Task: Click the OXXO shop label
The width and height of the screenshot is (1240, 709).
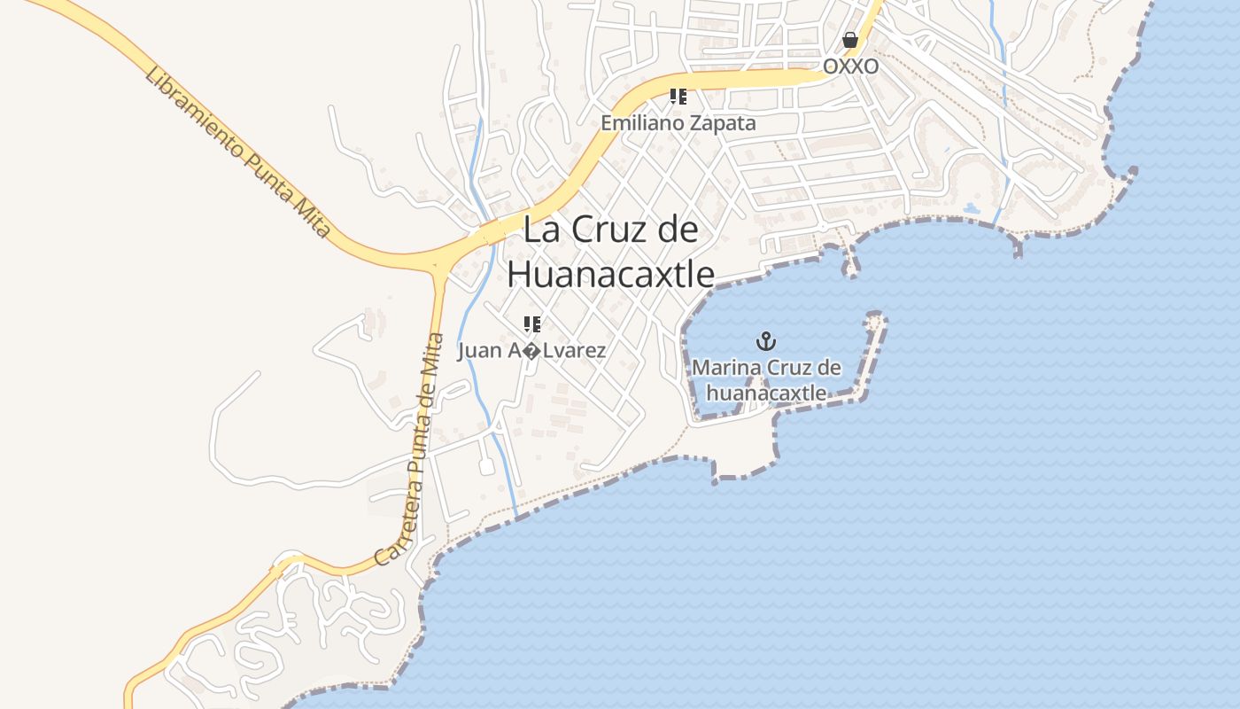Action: pyautogui.click(x=850, y=66)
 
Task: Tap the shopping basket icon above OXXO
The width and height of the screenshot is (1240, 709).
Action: pyautogui.click(x=850, y=40)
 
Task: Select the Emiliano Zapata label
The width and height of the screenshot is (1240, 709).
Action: pyautogui.click(x=678, y=123)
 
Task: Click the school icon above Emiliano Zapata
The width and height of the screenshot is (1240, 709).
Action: pyautogui.click(x=678, y=97)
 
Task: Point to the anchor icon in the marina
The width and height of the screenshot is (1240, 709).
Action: pyautogui.click(x=765, y=340)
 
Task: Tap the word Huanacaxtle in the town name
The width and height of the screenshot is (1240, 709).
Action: pyautogui.click(x=610, y=274)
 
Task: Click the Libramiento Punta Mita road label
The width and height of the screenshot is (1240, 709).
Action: pyautogui.click(x=236, y=152)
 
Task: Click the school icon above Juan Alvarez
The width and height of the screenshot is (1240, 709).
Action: pyautogui.click(x=531, y=324)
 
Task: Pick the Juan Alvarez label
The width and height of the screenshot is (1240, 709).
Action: pyautogui.click(x=531, y=351)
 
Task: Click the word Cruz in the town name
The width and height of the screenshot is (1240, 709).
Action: pyautogui.click(x=606, y=230)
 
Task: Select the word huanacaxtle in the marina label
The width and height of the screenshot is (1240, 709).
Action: pyautogui.click(x=766, y=393)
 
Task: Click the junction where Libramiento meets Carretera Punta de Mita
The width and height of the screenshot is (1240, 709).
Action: pyautogui.click(x=438, y=263)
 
